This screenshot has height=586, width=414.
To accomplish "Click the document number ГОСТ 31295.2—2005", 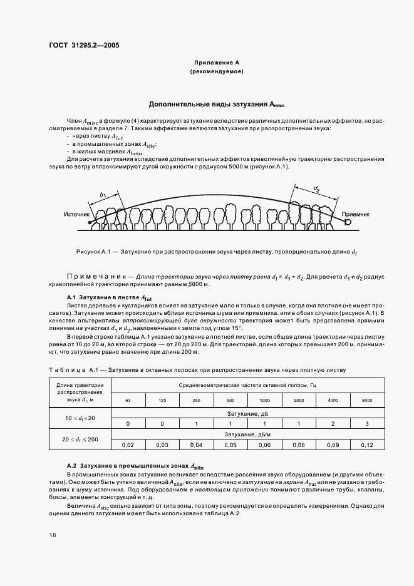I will (x=84, y=45).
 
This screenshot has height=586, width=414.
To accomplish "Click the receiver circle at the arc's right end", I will (x=347, y=220).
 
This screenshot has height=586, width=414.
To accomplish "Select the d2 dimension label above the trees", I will (x=317, y=188).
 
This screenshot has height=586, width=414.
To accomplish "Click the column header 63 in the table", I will (x=128, y=399).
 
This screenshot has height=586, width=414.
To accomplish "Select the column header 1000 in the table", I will (x=264, y=399).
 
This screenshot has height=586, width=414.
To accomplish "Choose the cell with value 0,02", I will (x=128, y=445).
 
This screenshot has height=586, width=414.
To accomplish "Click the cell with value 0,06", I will (x=264, y=445).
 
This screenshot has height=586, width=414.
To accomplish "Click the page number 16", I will (x=52, y=535).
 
